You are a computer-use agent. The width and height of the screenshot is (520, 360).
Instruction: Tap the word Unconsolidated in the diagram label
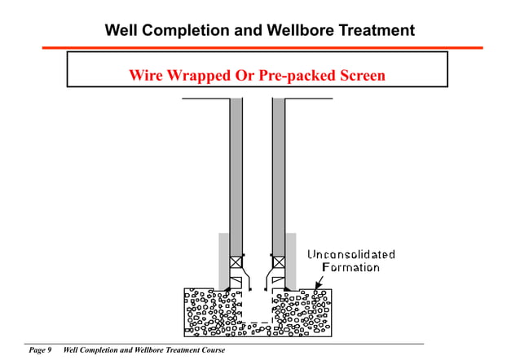351,255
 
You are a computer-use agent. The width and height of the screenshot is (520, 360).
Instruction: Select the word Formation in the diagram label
351,267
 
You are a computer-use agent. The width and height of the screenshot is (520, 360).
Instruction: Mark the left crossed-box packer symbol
236,262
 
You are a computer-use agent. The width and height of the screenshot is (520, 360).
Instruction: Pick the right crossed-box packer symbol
279,262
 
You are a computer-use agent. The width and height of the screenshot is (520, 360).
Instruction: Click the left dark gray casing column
236,171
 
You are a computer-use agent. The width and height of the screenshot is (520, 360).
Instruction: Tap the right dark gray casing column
279,171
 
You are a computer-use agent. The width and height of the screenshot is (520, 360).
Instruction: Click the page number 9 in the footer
49,350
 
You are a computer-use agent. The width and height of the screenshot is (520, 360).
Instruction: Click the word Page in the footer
37,350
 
